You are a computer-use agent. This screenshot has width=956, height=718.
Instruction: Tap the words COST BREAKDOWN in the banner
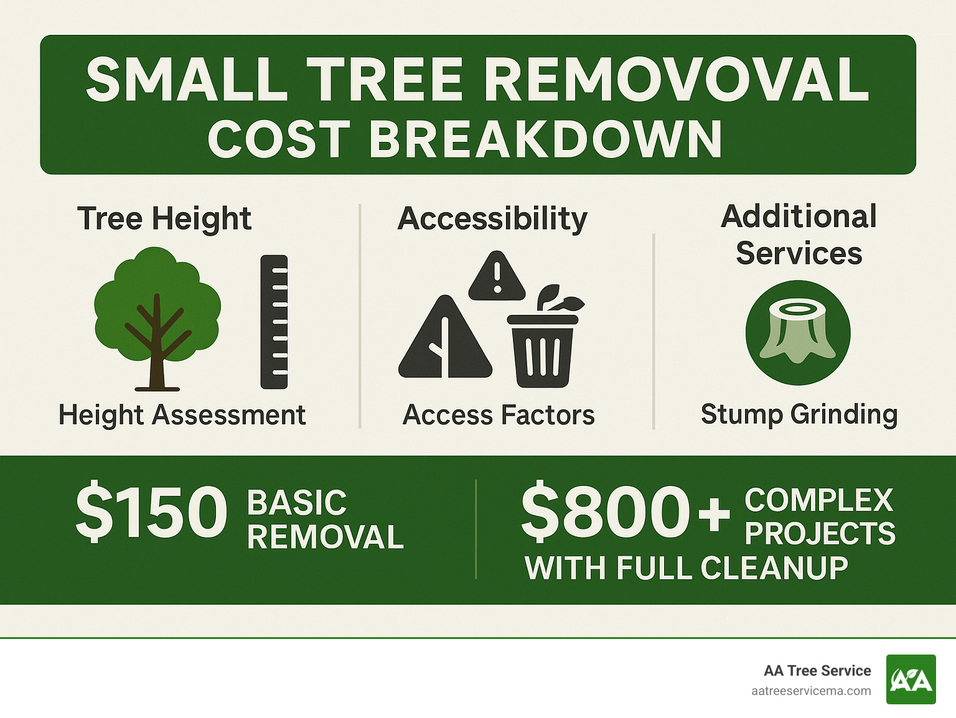click(x=465, y=139)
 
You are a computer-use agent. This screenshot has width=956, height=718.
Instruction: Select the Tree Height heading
click(x=164, y=218)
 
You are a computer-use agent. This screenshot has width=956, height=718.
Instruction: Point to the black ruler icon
click(x=274, y=322)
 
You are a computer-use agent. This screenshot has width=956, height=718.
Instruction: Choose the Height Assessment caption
click(x=182, y=415)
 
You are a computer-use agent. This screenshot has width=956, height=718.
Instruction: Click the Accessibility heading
click(x=492, y=218)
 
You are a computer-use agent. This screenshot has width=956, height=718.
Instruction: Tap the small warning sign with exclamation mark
click(x=497, y=277)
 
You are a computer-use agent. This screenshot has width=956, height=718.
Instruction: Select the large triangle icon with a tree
click(x=445, y=340)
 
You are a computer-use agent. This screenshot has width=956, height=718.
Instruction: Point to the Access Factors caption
click(x=499, y=415)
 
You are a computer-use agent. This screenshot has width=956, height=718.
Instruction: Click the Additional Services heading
click(x=799, y=235)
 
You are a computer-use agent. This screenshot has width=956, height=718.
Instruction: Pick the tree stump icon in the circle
click(x=798, y=332)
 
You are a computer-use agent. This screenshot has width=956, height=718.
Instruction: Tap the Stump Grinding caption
click(x=799, y=414)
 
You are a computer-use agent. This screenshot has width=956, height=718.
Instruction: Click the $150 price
click(x=151, y=512)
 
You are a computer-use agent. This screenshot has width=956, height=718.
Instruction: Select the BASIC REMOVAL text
click(x=325, y=520)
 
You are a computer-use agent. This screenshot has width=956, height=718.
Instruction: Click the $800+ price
click(x=625, y=512)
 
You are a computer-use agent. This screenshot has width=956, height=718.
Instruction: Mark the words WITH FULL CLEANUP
click(x=686, y=568)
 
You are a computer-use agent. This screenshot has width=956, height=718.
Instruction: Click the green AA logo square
click(x=911, y=679)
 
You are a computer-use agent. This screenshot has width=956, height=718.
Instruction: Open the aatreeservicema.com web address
click(x=810, y=691)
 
